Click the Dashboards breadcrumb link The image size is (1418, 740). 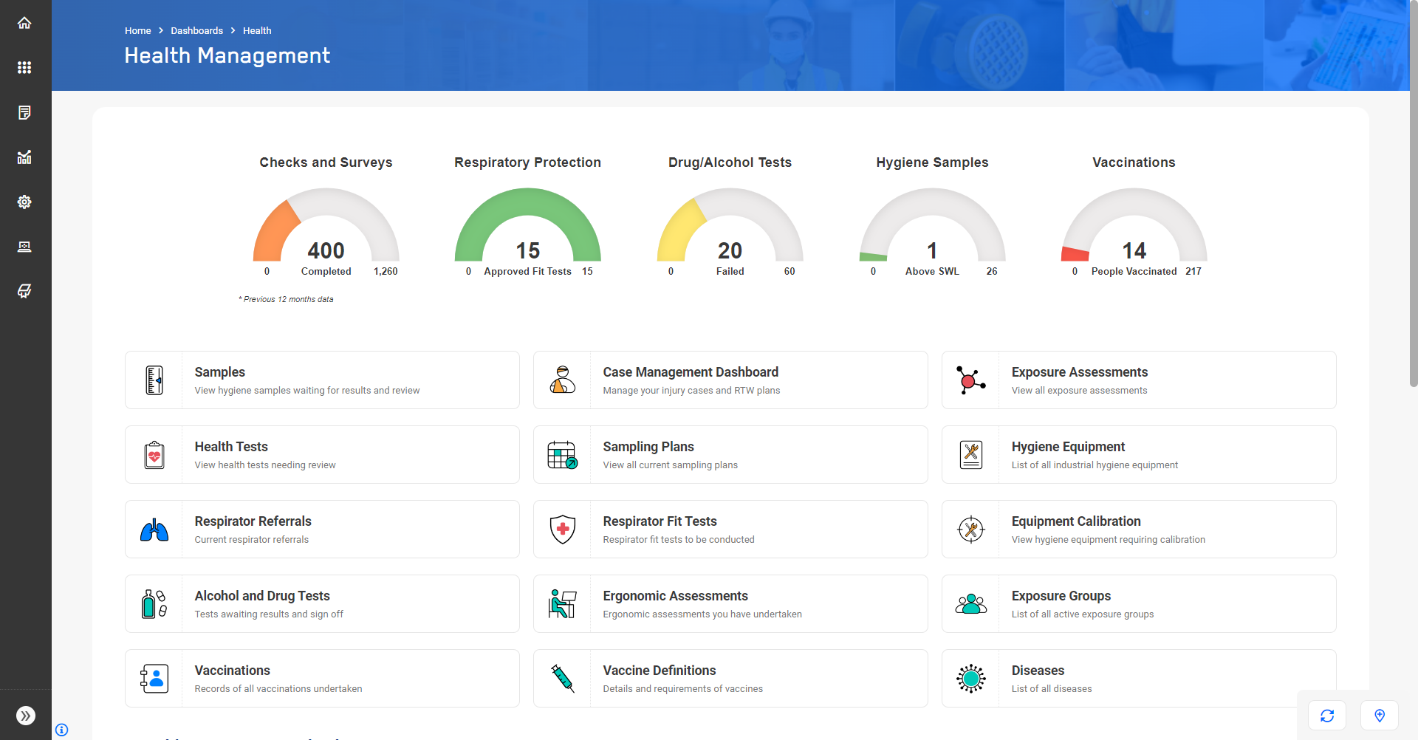196,30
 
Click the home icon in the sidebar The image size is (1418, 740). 24,23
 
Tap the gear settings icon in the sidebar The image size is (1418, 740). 24,202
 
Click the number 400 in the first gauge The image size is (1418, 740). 326,250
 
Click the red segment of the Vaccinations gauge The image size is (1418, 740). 1075,254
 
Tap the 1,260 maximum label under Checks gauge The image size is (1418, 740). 386,272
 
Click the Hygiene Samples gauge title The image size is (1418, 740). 932,162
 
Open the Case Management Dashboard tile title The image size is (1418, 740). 691,372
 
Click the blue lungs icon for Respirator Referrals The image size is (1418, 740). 154,530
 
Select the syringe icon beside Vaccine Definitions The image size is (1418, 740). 563,678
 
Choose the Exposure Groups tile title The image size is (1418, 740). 1061,596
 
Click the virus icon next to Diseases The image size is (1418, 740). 970,678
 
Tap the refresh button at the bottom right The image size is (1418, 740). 1327,715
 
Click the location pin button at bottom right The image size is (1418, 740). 1379,715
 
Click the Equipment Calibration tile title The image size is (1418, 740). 1075,521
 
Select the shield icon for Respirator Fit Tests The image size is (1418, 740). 563,530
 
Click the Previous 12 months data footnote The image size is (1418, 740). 287,299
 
